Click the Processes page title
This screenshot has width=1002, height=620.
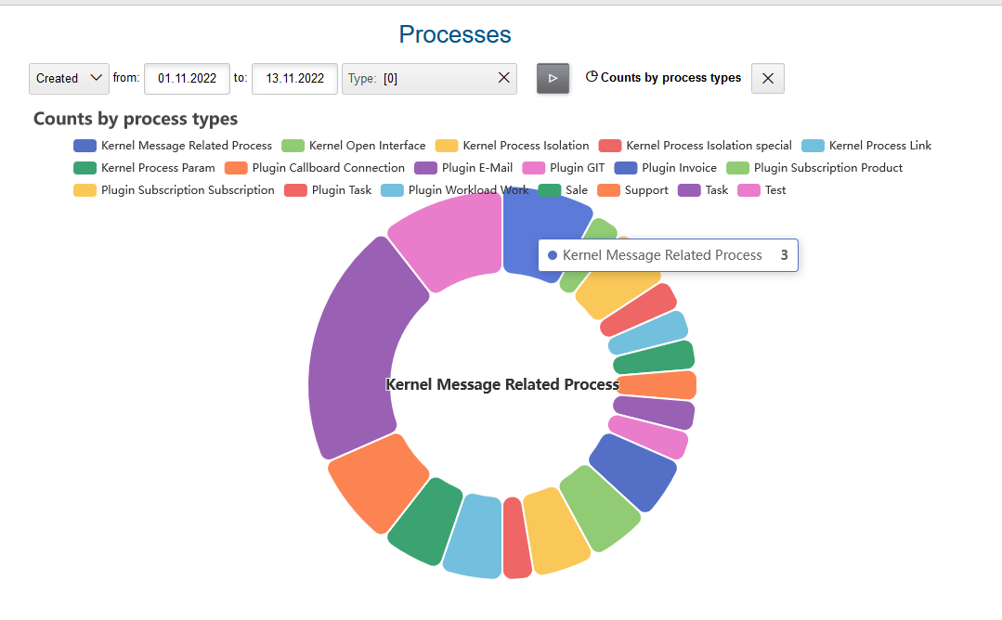[455, 34]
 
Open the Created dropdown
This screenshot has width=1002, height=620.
[70, 79]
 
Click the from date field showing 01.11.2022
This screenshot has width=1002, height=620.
[187, 79]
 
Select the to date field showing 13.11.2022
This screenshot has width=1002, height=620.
[294, 79]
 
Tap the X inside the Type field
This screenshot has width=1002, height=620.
[504, 78]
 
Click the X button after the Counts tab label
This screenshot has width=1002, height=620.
[768, 79]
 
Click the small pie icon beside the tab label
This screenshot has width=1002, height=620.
[592, 77]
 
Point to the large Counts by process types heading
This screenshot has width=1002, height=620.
[136, 119]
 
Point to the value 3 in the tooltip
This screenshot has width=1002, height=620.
[784, 255]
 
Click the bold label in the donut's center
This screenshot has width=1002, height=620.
[501, 384]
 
